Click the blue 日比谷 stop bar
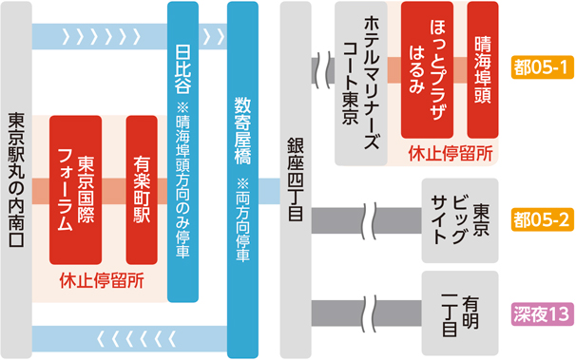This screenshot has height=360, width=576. (182, 152)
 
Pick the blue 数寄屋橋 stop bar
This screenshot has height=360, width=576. (241, 171)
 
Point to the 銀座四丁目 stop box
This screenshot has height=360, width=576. (295, 180)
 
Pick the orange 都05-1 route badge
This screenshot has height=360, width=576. (539, 67)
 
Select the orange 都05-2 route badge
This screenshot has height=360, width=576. (539, 219)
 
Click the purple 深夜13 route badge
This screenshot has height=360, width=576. (539, 312)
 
